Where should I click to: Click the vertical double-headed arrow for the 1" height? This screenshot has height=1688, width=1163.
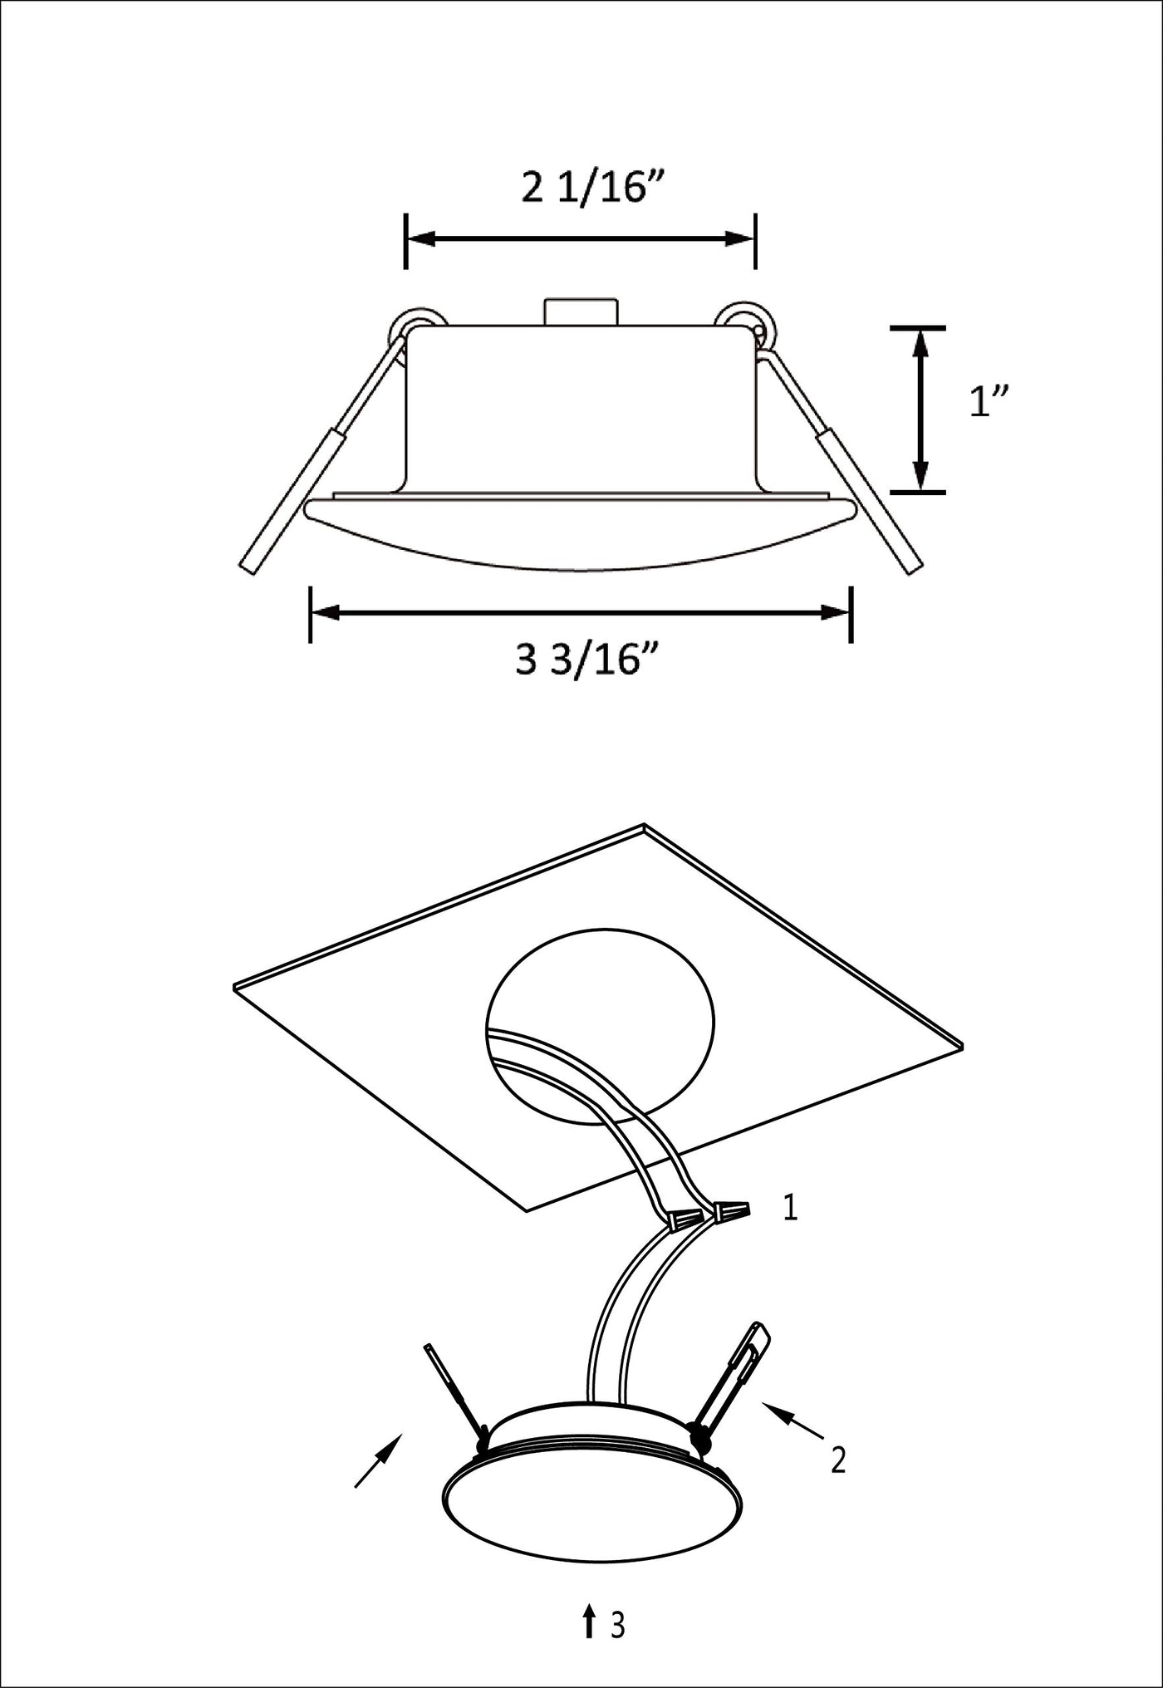point(920,410)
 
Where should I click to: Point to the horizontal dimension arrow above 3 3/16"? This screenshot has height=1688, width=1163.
point(580,613)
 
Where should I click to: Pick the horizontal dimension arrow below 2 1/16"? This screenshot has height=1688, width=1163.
point(580,239)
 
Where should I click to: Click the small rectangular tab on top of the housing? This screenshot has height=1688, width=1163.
point(581,312)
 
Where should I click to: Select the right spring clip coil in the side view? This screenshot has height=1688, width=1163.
point(748,326)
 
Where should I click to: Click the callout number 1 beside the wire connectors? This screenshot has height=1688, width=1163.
point(790,1208)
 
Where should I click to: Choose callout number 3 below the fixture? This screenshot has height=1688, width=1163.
point(617,1625)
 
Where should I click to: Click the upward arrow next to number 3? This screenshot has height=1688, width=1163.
point(588,1621)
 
